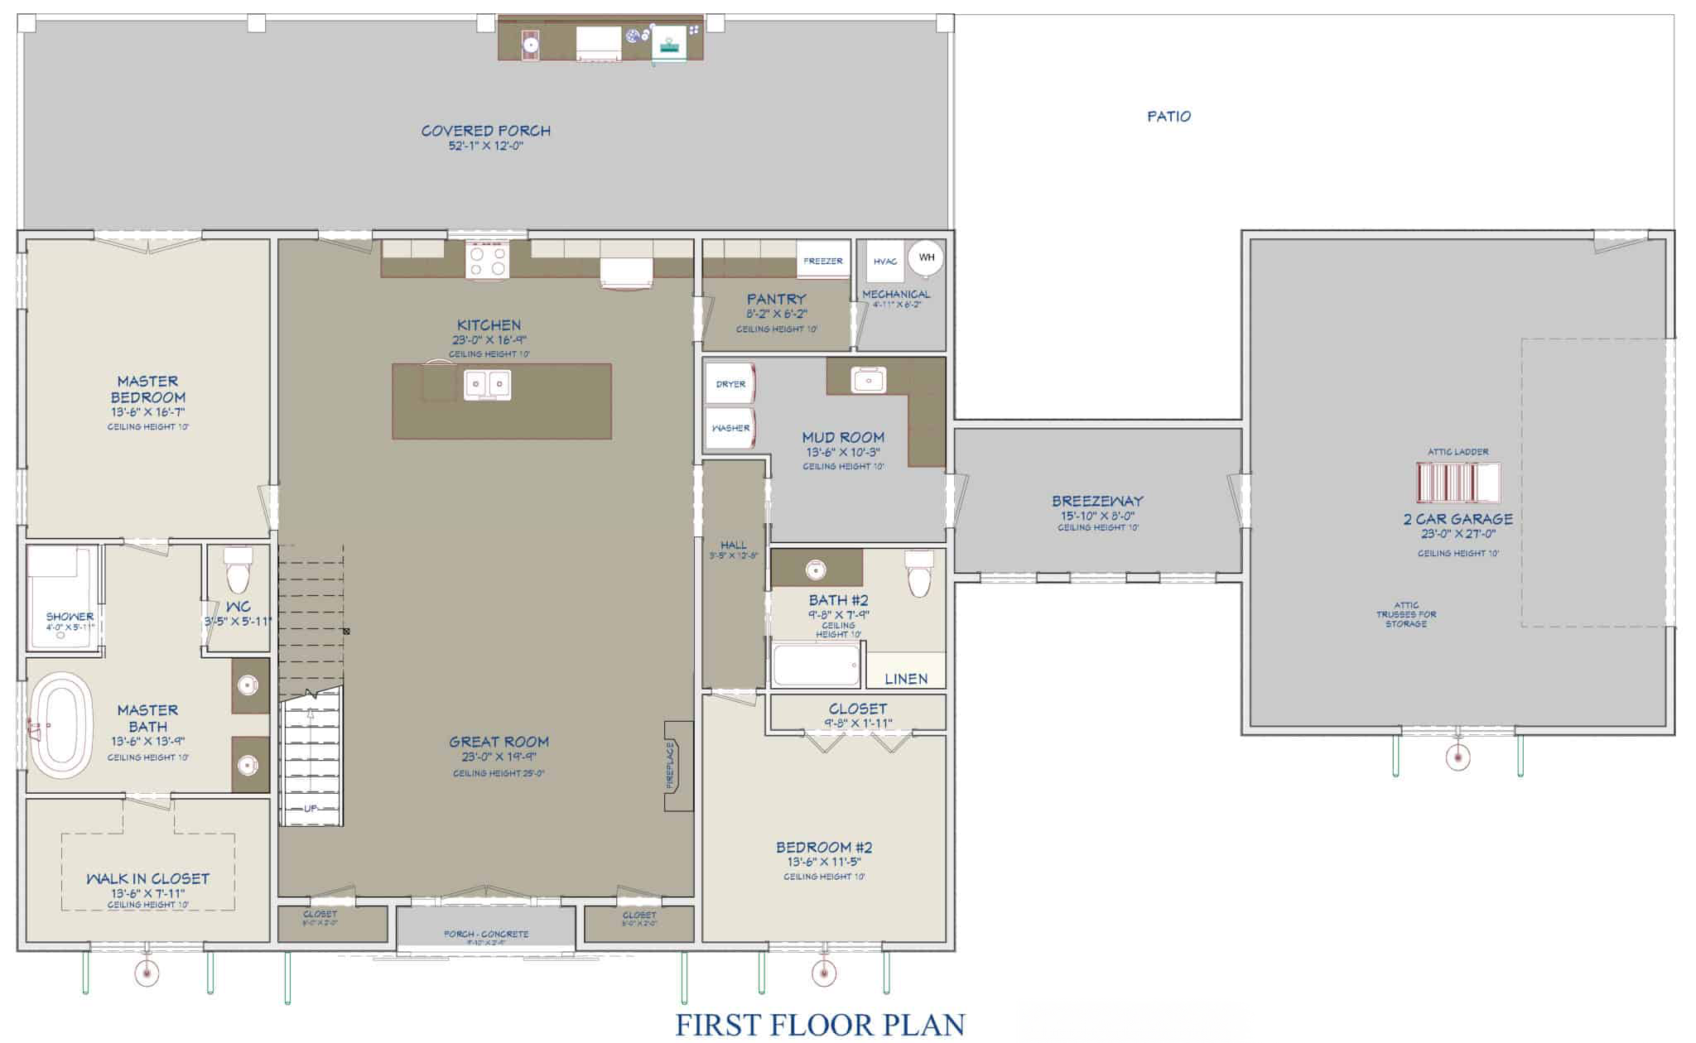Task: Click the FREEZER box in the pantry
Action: (x=823, y=261)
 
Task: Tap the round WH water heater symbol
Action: (x=926, y=257)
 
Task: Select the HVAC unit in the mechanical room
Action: (x=884, y=262)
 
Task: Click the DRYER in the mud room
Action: (x=730, y=384)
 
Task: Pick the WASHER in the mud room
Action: (x=730, y=428)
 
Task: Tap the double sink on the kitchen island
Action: (x=488, y=383)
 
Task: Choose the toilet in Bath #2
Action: (x=918, y=574)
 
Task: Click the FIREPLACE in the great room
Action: (x=677, y=766)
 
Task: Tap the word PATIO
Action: (x=1168, y=117)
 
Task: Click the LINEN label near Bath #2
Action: (x=906, y=679)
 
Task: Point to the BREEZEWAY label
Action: (x=1097, y=501)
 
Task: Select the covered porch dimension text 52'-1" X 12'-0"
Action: (x=486, y=146)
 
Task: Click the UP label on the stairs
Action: (x=310, y=809)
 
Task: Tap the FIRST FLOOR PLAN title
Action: (x=820, y=1024)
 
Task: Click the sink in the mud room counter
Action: (x=868, y=380)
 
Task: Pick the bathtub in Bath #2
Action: (x=817, y=665)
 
